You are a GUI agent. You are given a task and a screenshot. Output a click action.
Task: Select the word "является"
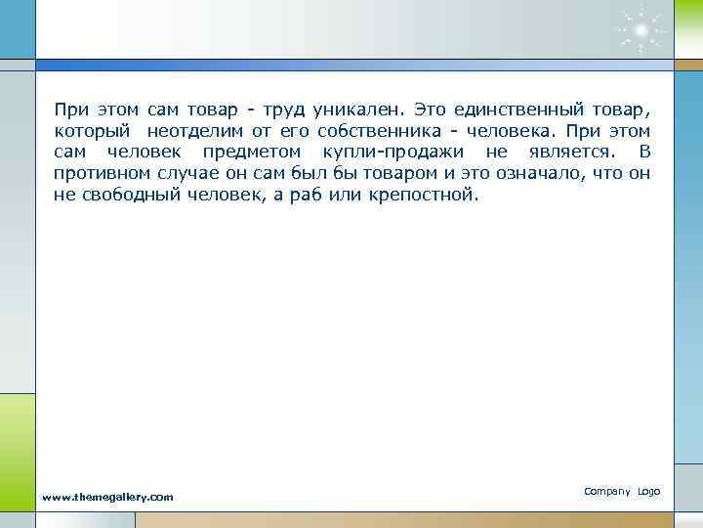pos(563,153)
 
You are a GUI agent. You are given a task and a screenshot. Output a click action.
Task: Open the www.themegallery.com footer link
pos(107,497)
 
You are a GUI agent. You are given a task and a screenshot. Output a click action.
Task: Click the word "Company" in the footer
pos(606,491)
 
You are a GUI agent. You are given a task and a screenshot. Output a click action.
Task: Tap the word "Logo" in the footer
pos(649,491)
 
